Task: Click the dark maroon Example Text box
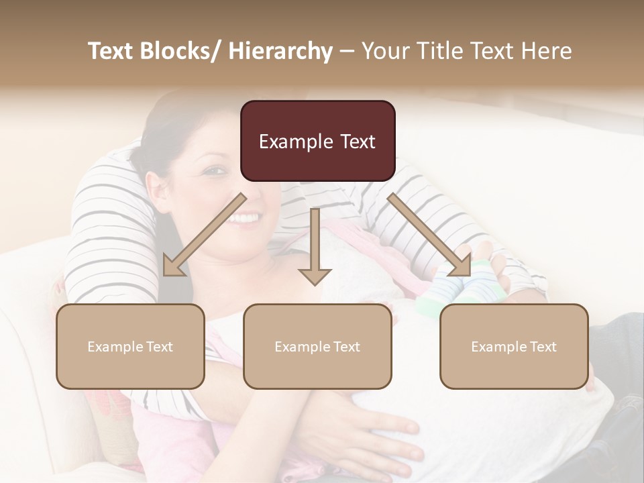coord(317,141)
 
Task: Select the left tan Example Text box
coord(130,346)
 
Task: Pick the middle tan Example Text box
coord(317,346)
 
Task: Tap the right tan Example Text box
coord(514,346)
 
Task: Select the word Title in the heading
coord(437,51)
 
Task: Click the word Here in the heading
coord(546,51)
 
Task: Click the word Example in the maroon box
coord(296,142)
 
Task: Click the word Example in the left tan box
coord(115,346)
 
